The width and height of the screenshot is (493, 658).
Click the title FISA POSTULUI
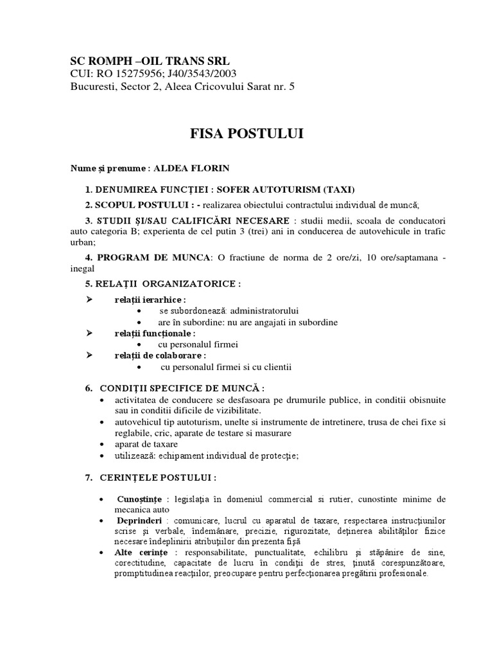(x=246, y=134)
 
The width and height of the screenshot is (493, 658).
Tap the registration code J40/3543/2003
(x=198, y=74)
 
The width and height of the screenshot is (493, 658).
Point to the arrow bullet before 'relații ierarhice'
(x=89, y=299)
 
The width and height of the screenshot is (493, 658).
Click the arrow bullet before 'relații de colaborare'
(x=89, y=355)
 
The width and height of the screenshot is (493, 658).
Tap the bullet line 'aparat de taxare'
(x=146, y=444)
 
